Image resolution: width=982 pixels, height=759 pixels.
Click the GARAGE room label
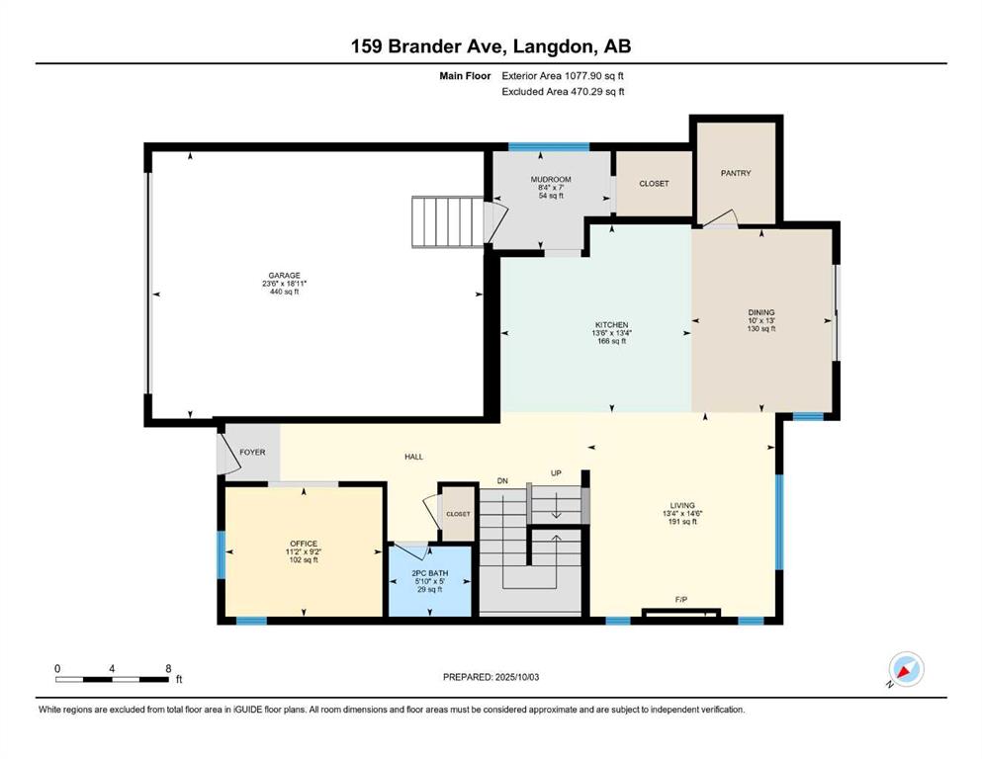click(285, 276)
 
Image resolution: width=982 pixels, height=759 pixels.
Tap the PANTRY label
click(736, 173)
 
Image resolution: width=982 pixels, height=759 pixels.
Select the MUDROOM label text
click(551, 180)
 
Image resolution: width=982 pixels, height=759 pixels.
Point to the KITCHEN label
click(612, 325)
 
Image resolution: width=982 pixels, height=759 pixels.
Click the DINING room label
click(761, 312)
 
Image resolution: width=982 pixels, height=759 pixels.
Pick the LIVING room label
click(682, 505)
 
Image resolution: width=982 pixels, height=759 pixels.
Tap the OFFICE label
click(304, 544)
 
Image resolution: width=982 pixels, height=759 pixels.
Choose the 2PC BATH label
click(430, 573)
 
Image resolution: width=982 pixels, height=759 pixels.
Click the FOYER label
click(252, 452)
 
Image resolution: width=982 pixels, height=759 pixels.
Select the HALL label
click(414, 457)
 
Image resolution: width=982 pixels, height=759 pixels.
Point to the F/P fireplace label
click(681, 600)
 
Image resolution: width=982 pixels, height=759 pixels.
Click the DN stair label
click(502, 480)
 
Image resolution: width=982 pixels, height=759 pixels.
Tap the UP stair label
click(556, 473)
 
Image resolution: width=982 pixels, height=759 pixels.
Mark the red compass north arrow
click(904, 671)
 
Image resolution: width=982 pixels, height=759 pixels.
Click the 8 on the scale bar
click(168, 668)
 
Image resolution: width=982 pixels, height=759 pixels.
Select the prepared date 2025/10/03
click(517, 677)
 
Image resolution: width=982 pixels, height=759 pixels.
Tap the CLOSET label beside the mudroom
click(654, 184)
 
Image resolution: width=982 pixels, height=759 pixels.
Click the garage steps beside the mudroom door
click(447, 221)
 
